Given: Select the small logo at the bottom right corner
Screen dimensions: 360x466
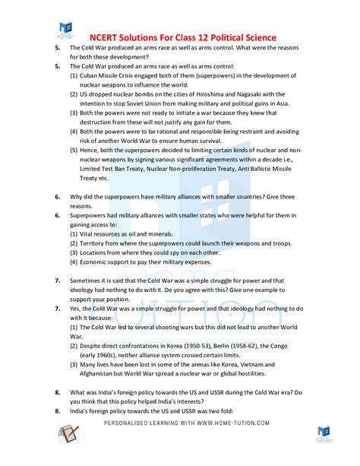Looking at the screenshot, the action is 325,435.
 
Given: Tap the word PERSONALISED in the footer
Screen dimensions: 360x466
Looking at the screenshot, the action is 128,423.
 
